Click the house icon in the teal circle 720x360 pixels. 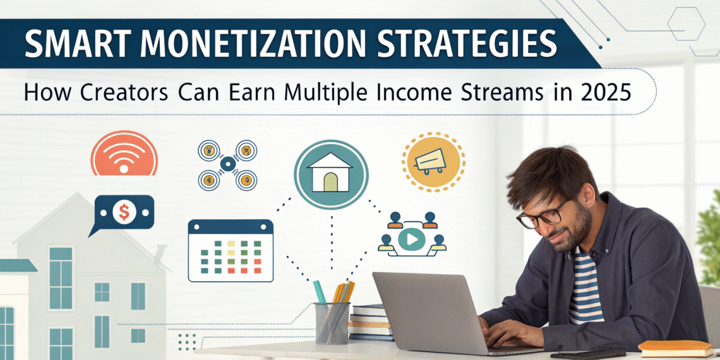[x=331, y=174]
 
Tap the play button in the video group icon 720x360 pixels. [x=411, y=240]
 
